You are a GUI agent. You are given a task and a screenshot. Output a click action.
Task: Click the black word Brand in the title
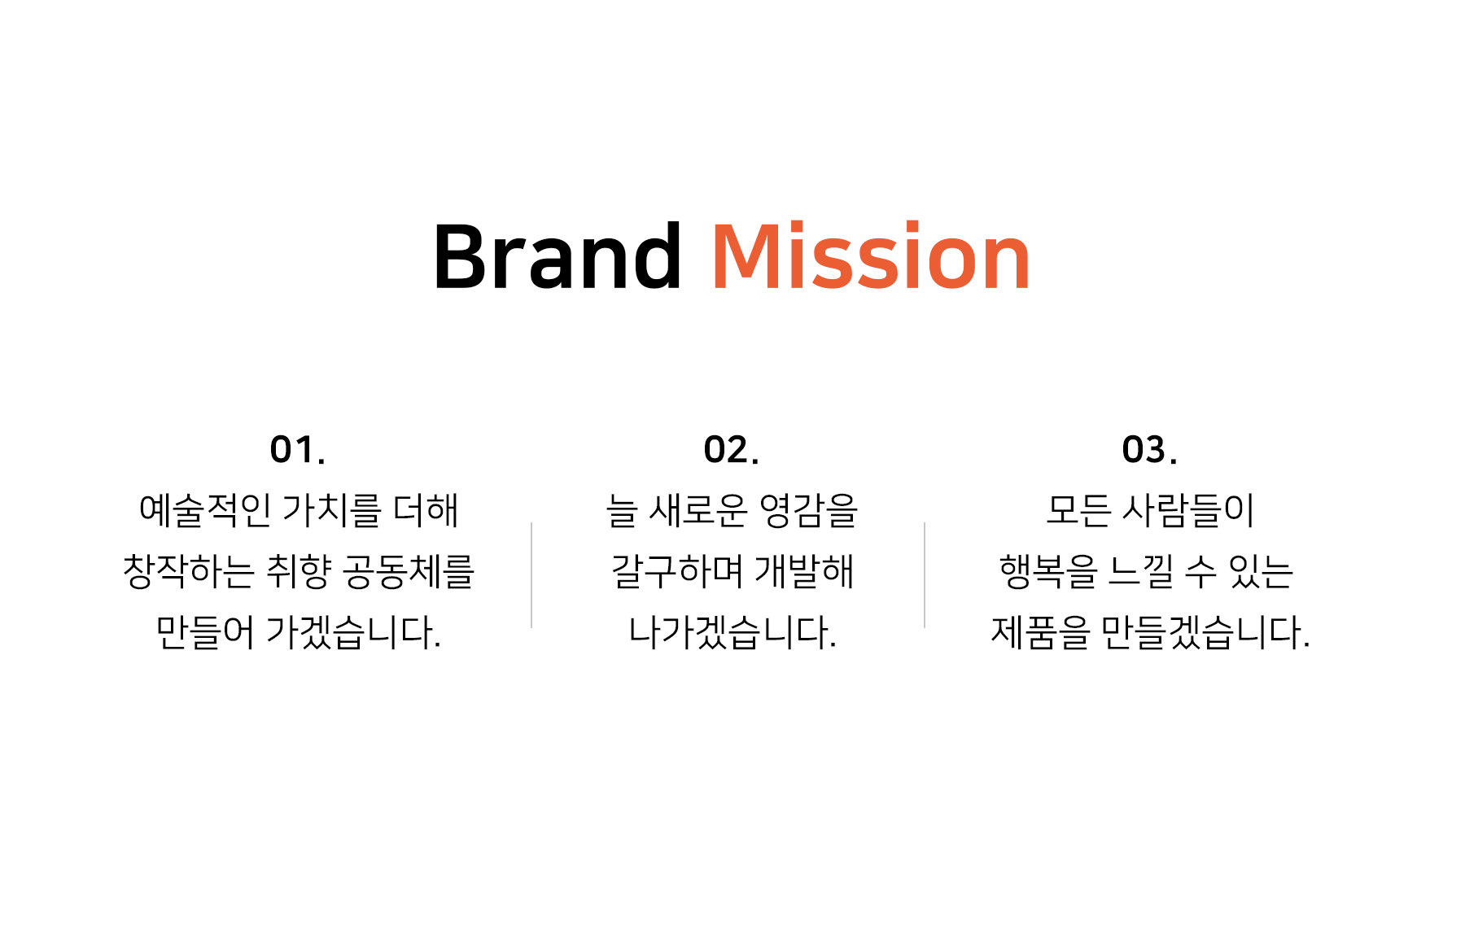558,256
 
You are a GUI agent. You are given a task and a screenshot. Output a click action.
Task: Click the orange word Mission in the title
871,256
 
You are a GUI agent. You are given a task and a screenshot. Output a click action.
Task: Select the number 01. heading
298,450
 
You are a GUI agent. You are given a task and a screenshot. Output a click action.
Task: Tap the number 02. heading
732,450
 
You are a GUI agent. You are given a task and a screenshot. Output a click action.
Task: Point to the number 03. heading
1149,450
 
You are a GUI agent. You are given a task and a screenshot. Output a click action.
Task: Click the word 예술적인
205,510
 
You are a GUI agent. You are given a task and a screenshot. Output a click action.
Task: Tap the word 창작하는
189,571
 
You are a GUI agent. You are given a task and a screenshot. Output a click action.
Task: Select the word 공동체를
409,571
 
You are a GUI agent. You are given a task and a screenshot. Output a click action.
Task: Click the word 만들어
205,632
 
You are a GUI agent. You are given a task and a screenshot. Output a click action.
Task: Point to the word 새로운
698,510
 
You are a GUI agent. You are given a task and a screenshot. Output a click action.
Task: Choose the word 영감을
809,510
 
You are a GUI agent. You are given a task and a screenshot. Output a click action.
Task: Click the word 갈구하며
677,571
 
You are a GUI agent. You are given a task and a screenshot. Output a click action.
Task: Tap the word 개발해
804,571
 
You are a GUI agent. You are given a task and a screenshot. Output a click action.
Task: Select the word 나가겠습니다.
732,632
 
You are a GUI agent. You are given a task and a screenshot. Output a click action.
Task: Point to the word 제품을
1040,632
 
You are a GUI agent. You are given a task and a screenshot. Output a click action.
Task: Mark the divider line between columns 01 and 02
531,575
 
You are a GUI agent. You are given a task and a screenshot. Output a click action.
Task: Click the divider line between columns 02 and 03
925,575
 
